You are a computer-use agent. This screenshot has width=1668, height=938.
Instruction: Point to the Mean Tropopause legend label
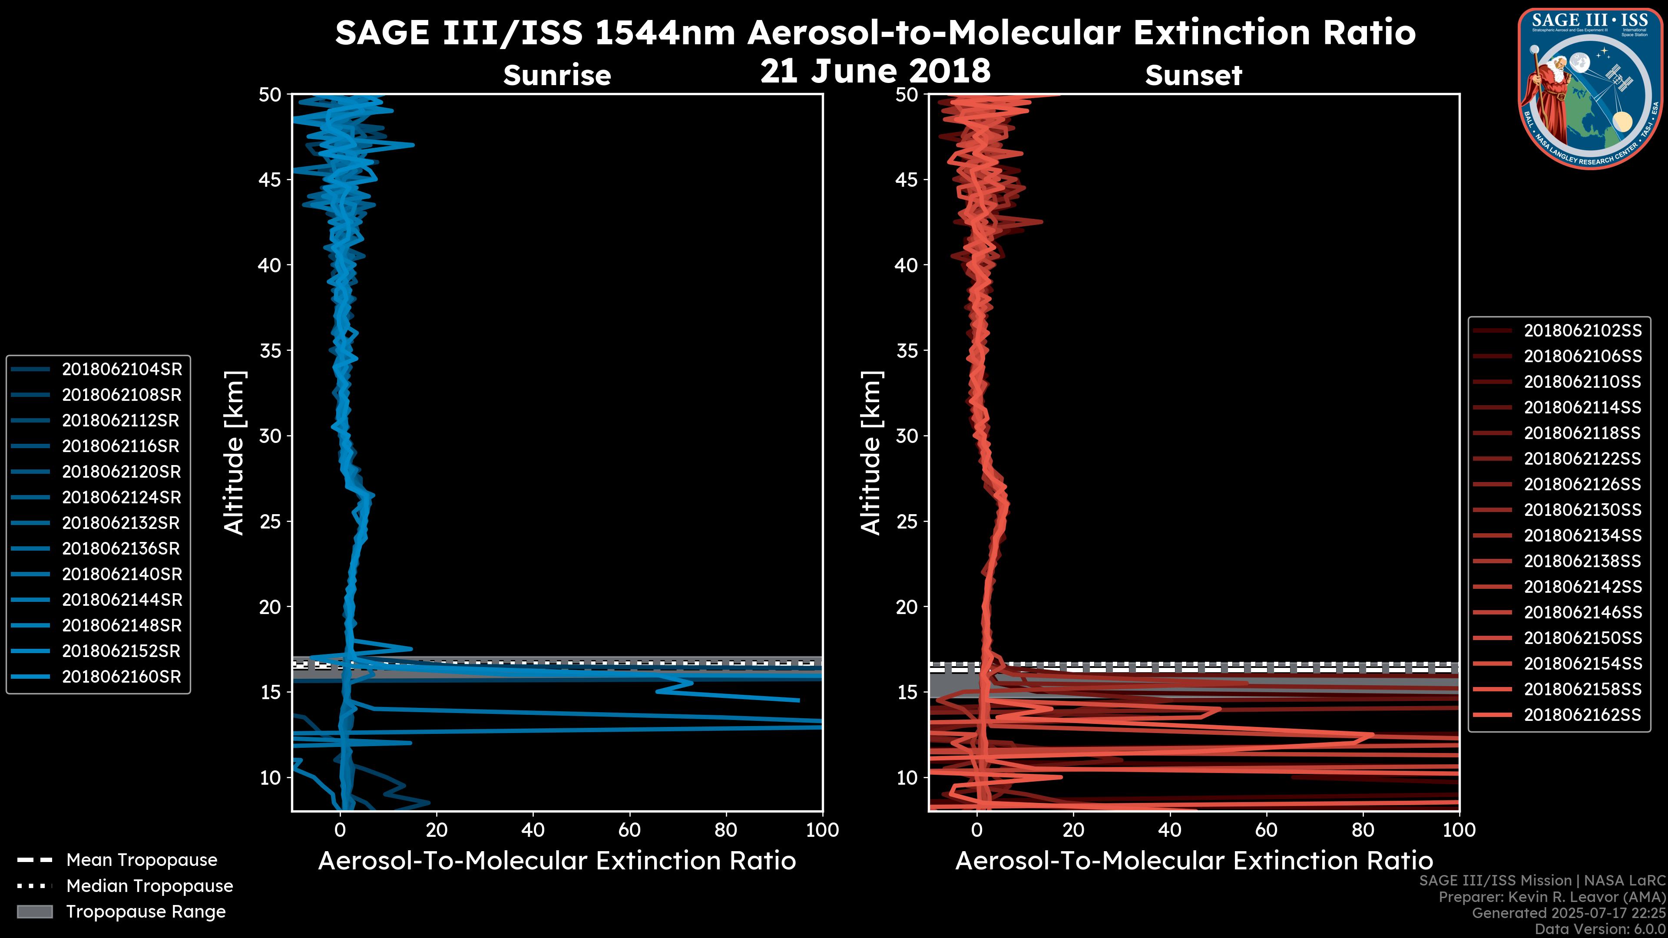142,860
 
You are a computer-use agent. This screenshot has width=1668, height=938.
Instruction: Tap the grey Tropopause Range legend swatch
35,912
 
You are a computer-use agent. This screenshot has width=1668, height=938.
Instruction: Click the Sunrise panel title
557,75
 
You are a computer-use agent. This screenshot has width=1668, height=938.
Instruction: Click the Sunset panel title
1193,75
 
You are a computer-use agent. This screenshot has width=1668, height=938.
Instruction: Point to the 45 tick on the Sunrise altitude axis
271,179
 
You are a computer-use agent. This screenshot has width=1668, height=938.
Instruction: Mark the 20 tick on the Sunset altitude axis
907,607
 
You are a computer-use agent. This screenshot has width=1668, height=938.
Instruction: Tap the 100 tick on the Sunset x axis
1459,830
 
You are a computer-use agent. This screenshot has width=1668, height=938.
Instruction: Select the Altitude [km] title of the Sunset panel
871,453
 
